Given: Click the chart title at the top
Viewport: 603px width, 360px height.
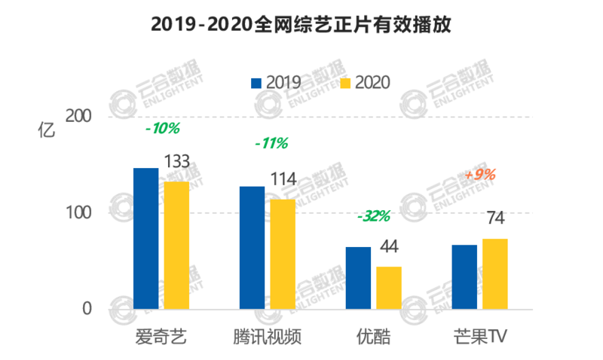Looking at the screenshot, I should pyautogui.click(x=301, y=26).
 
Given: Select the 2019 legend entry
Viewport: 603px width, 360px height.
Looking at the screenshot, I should pyautogui.click(x=275, y=82).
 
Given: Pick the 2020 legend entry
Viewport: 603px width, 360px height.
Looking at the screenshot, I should pyautogui.click(x=366, y=82).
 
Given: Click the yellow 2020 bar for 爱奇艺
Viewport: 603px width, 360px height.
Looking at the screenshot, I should pyautogui.click(x=177, y=245).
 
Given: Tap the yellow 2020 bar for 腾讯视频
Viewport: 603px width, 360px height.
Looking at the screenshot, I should pyautogui.click(x=283, y=254).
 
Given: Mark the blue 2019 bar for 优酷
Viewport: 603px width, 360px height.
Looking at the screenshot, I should pyautogui.click(x=358, y=278).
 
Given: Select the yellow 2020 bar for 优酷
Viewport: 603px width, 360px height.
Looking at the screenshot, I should pyautogui.click(x=389, y=288).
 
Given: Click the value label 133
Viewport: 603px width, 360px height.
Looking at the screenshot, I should pyautogui.click(x=176, y=163).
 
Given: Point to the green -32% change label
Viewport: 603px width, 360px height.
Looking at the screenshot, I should pyautogui.click(x=374, y=217).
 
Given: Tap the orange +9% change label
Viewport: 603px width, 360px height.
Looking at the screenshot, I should pyautogui.click(x=480, y=175).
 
